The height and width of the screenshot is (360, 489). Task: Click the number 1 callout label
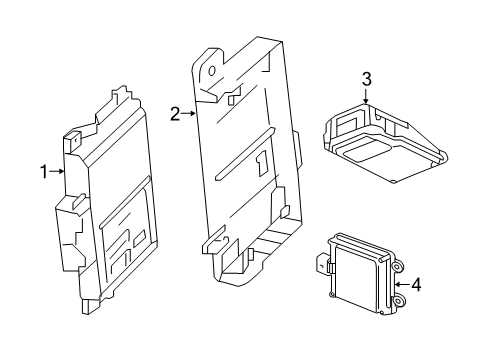(x=43, y=172)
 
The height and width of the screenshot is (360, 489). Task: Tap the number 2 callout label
(x=174, y=115)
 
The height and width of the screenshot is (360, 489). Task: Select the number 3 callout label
(x=367, y=78)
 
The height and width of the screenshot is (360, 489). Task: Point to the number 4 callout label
(x=416, y=284)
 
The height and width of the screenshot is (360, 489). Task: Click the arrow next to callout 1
(x=57, y=172)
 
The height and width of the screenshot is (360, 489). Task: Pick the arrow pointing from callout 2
(x=188, y=115)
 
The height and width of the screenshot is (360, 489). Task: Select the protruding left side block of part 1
(x=68, y=215)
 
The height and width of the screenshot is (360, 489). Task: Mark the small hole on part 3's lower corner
(x=394, y=181)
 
